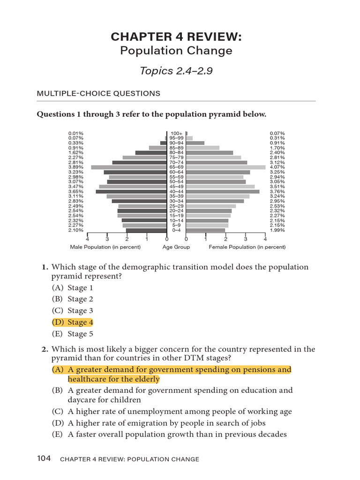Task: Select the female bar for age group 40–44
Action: pos(223,191)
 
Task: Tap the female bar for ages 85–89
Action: pos(202,148)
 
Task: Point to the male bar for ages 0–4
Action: pos(146,230)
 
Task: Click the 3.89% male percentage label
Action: pos(75,167)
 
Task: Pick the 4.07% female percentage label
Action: pos(277,167)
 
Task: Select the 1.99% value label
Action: pos(277,230)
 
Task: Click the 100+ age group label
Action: pos(176,133)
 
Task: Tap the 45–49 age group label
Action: pos(176,187)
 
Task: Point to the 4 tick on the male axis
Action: pos(88,239)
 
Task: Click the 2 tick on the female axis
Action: pos(226,239)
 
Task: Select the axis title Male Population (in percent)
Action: pos(97,247)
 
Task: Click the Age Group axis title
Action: pos(176,247)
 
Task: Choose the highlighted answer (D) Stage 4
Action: pos(69,322)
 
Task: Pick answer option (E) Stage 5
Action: pos(69,334)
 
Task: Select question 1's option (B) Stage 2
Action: pos(69,299)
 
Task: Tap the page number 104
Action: pos(44,459)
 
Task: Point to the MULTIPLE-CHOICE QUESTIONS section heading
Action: pos(98,94)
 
